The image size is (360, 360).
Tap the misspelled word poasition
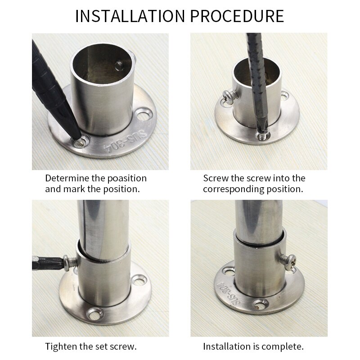[x=124, y=178]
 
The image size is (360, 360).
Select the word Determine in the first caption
[x=67, y=178]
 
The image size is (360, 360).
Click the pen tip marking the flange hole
[x=80, y=141]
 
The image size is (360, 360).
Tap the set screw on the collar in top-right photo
[x=228, y=95]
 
